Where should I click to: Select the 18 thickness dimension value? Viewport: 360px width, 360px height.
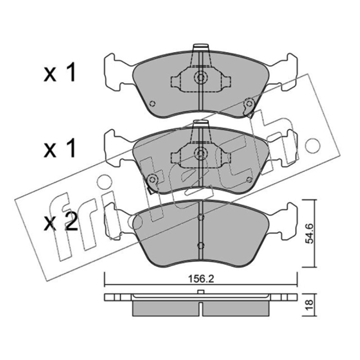tap(310, 305)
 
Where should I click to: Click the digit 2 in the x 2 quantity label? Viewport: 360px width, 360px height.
tap(71, 221)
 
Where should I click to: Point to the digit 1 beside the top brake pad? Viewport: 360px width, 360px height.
tap(71, 72)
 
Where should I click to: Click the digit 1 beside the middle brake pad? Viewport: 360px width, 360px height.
tap(71, 148)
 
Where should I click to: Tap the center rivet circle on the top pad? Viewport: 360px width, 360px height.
tap(201, 77)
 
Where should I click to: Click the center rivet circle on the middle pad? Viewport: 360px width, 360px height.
tap(201, 153)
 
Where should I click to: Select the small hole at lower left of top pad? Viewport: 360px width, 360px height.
tap(152, 104)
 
